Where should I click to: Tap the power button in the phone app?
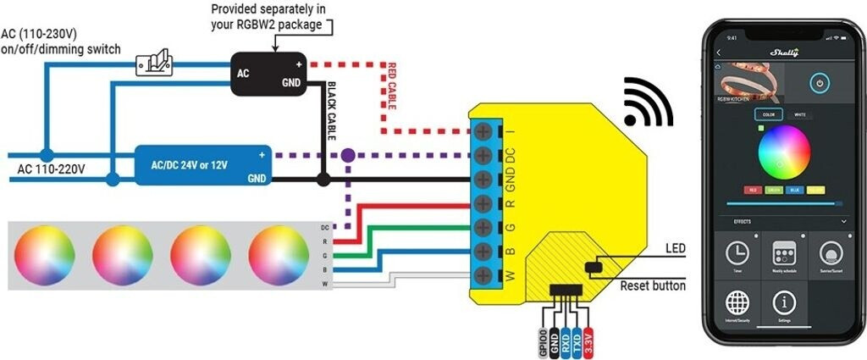pos(819,84)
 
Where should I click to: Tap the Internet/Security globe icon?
pos(737,302)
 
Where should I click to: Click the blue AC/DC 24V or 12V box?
pos(204,166)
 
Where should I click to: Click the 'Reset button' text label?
pos(653,286)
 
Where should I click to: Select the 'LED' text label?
pos(675,248)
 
